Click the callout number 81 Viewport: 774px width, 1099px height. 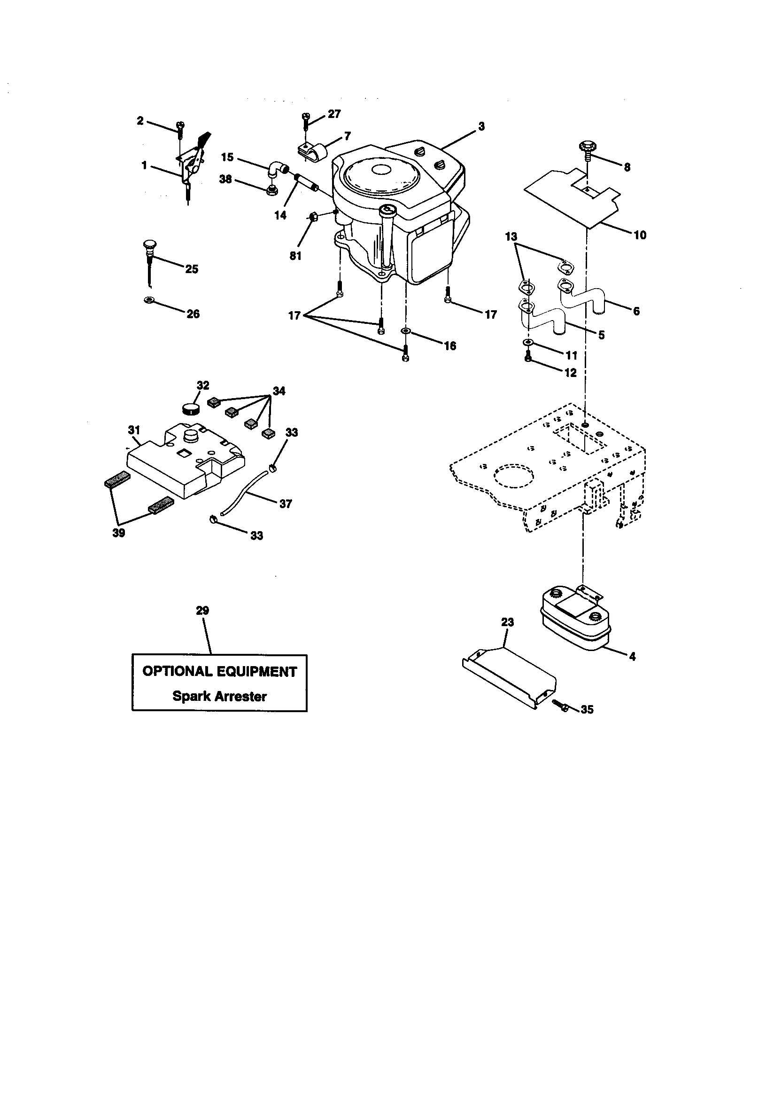pyautogui.click(x=295, y=256)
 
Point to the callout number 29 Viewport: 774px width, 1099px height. pyautogui.click(x=202, y=610)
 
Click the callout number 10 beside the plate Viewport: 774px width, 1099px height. pyautogui.click(x=640, y=235)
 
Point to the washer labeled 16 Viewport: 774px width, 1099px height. pyautogui.click(x=406, y=331)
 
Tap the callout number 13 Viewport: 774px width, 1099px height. pyautogui.click(x=511, y=236)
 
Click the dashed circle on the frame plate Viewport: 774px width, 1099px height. pyautogui.click(x=513, y=475)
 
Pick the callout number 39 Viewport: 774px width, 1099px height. pyautogui.click(x=119, y=533)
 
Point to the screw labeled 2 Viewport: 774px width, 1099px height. pyautogui.click(x=180, y=127)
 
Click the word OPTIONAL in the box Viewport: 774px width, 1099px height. pyautogui.click(x=178, y=671)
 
